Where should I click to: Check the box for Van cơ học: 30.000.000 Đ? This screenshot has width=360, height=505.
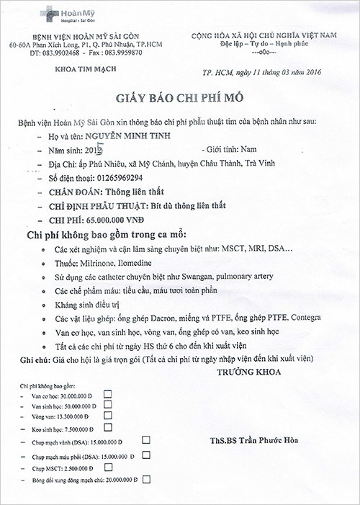pyautogui.click(x=108, y=393)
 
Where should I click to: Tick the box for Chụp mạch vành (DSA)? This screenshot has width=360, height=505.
pyautogui.click(x=145, y=439)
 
